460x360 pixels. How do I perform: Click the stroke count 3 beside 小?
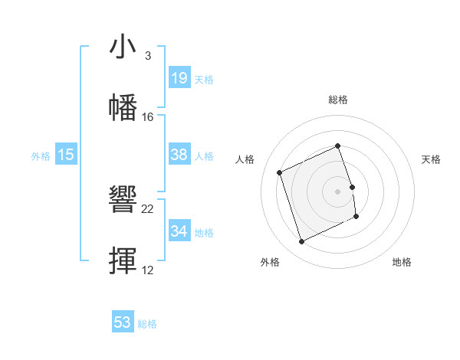147,56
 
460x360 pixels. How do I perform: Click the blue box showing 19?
179,77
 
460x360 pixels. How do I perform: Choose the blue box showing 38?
179,155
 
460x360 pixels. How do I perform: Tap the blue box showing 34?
179,231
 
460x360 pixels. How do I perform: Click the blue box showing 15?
66,155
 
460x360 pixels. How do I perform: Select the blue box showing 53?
123,322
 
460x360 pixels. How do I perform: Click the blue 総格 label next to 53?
147,324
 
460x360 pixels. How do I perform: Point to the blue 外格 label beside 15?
41,156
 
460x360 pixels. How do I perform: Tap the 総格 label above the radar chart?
338,100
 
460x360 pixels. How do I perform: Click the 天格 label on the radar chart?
432,159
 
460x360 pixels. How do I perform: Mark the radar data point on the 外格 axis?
301,242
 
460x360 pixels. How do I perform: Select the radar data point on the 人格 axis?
281,172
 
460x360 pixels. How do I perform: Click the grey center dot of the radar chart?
338,191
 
